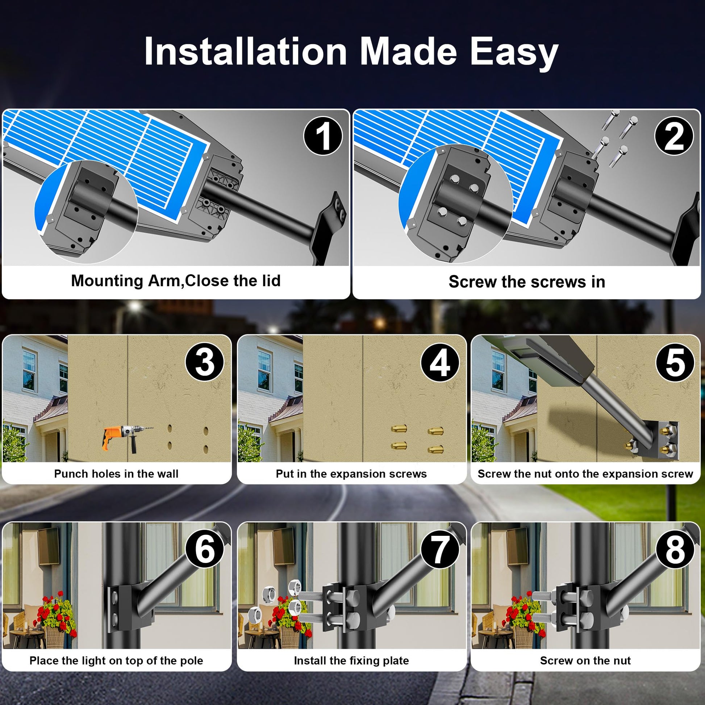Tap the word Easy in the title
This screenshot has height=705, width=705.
pos(514,53)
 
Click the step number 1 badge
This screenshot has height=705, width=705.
pos(323,136)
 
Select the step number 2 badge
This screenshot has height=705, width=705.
pos(674,136)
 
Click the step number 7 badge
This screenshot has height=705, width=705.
pos(440,549)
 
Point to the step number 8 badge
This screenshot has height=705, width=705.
pos(675,549)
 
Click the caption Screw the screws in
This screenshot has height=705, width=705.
pos(526,282)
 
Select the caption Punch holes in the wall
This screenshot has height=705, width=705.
pos(116,474)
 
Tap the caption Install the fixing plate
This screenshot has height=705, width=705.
pos(351,660)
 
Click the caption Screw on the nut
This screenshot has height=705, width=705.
pos(585,660)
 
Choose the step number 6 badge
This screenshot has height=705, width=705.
pos(205,549)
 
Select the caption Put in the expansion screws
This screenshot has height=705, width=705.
pos(351,474)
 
